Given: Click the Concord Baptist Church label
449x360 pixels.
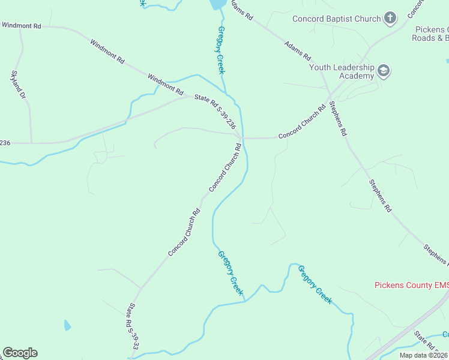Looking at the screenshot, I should pyautogui.click(x=336, y=19).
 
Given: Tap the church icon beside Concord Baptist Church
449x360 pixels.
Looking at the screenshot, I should pyautogui.click(x=390, y=18).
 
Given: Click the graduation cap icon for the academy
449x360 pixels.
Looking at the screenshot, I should pyautogui.click(x=384, y=72).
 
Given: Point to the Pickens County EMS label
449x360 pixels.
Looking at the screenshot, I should pyautogui.click(x=411, y=285).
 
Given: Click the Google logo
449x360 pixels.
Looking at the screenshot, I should pyautogui.click(x=20, y=353).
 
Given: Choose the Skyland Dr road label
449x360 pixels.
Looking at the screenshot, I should pyautogui.click(x=19, y=85).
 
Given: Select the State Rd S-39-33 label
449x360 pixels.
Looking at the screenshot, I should pyautogui.click(x=133, y=327).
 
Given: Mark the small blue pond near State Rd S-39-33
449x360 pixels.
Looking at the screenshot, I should pyautogui.click(x=67, y=326).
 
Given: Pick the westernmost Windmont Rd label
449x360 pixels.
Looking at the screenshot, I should pyautogui.click(x=21, y=26).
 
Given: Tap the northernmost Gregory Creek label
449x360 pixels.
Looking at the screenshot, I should pyautogui.click(x=221, y=50).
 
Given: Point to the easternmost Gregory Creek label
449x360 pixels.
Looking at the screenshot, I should pyautogui.click(x=315, y=284).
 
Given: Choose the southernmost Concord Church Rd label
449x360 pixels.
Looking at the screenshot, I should pyautogui.click(x=184, y=233).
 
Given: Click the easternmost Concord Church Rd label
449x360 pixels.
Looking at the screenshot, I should pyautogui.click(x=301, y=122).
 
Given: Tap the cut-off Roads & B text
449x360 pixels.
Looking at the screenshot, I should pyautogui.click(x=430, y=38).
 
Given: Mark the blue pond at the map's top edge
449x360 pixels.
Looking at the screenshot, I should pyautogui.click(x=217, y=4).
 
